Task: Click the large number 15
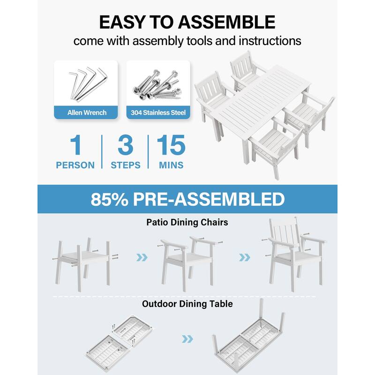tap(171, 145)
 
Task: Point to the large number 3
tap(126, 145)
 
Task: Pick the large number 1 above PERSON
tap(75, 145)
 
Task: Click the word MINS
tap(171, 165)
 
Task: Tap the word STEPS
tap(126, 165)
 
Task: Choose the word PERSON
tap(75, 165)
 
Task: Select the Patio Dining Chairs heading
tap(187, 222)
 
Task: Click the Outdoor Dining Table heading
tap(187, 304)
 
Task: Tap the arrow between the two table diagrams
tap(187, 339)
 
